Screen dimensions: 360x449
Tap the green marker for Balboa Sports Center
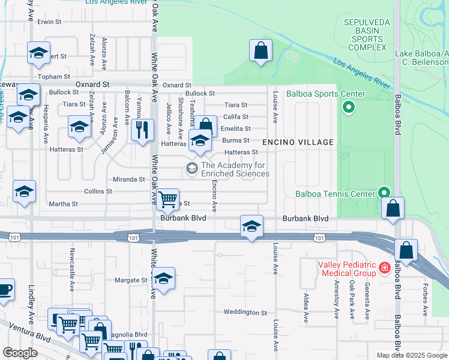pyautogui.click(x=348, y=108)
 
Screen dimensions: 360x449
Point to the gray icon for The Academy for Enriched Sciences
pyautogui.click(x=192, y=168)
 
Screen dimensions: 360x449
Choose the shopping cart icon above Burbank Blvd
pyautogui.click(x=168, y=199)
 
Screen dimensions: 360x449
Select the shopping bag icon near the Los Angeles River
pyautogui.click(x=261, y=51)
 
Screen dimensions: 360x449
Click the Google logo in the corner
pyautogui.click(x=19, y=353)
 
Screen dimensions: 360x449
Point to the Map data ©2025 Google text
pyautogui.click(x=412, y=355)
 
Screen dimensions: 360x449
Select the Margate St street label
pyautogui.click(x=130, y=280)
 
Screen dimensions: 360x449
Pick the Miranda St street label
pyautogui.click(x=129, y=179)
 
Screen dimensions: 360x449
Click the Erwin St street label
pyautogui.click(x=50, y=22)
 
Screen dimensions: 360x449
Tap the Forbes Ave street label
pyautogui.click(x=425, y=298)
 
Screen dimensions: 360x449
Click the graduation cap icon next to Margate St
pyautogui.click(x=163, y=278)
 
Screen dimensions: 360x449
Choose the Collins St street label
pyautogui.click(x=98, y=191)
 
